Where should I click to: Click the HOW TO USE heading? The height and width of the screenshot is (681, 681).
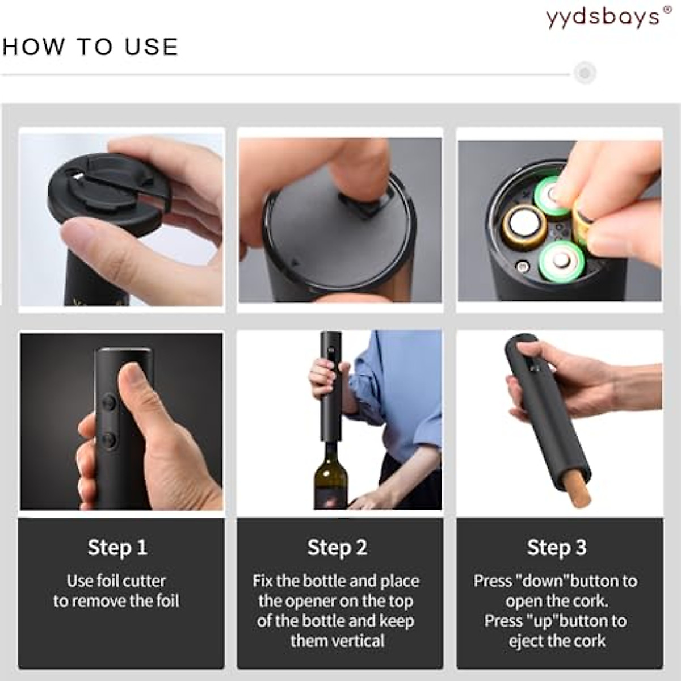(x=90, y=47)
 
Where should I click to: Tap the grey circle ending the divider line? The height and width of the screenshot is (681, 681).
(x=585, y=73)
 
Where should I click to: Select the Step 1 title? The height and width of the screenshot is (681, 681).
(x=117, y=548)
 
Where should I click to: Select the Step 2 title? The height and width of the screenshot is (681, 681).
(x=337, y=548)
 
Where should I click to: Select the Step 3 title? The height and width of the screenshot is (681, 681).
(x=557, y=548)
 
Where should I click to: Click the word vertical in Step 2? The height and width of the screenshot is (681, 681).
(x=357, y=641)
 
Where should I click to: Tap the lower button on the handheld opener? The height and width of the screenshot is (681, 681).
(x=108, y=439)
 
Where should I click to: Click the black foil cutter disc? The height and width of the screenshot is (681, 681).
(x=108, y=193)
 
